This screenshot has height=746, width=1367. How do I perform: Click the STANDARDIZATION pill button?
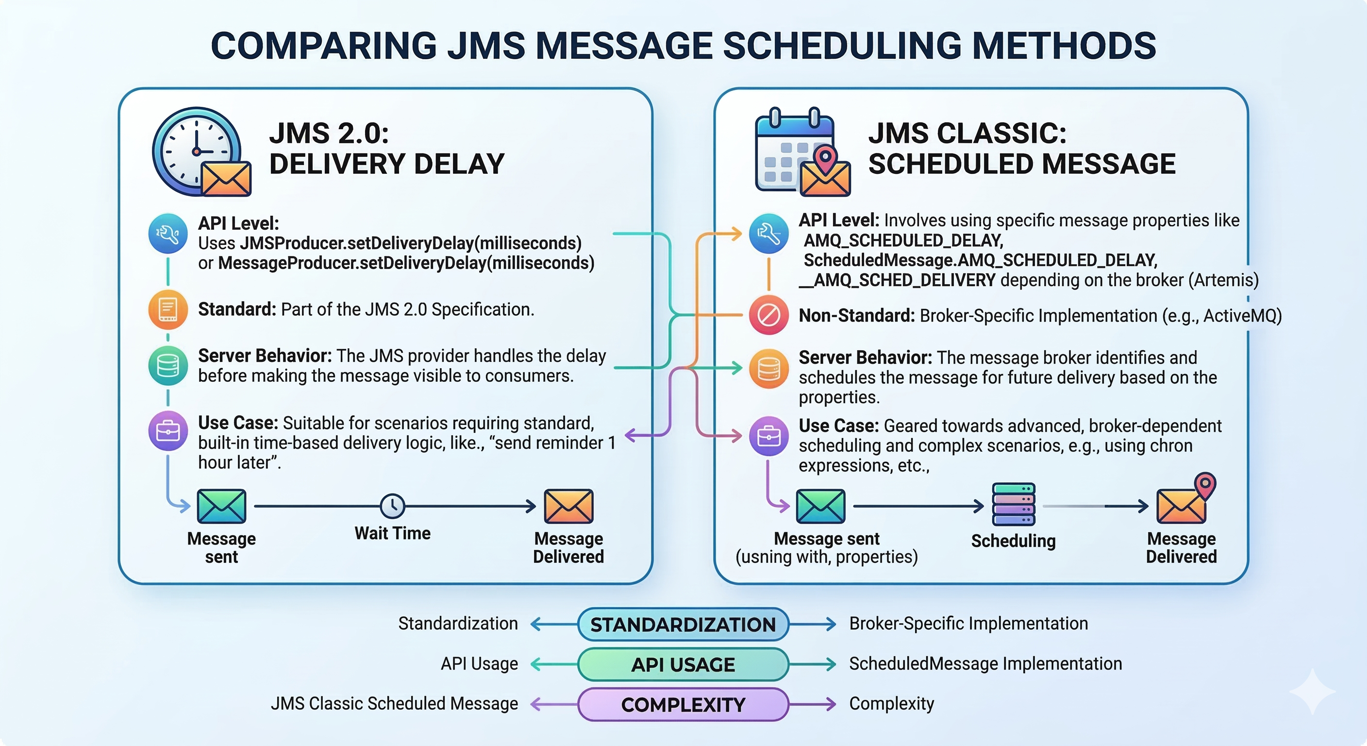click(683, 625)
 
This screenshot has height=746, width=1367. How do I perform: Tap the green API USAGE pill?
click(683, 664)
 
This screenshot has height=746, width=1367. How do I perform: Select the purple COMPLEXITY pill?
click(683, 705)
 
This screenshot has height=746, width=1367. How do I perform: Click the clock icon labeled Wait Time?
click(393, 506)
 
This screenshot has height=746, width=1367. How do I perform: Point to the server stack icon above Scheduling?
click(1014, 506)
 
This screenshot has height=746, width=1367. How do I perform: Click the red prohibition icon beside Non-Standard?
click(768, 315)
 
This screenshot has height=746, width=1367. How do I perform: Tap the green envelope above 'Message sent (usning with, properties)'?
click(820, 507)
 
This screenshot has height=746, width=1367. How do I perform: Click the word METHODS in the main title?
click(1064, 46)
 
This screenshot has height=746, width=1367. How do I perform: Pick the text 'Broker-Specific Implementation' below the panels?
click(968, 623)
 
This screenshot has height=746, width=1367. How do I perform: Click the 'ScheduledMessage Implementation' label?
click(985, 664)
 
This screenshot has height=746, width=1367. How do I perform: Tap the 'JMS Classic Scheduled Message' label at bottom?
click(394, 704)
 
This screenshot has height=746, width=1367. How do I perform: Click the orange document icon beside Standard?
click(167, 309)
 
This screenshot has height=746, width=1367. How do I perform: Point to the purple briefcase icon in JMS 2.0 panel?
click(167, 431)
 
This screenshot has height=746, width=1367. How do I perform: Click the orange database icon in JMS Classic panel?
click(768, 369)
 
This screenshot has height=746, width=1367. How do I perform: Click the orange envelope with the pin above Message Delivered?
click(1185, 499)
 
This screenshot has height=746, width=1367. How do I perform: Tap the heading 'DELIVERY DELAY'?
click(387, 164)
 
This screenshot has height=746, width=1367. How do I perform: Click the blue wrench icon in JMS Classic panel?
click(768, 234)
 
